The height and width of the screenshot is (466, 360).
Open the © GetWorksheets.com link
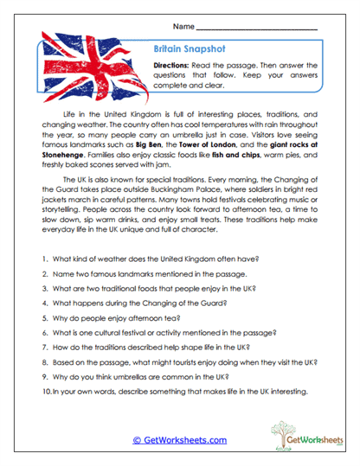pos(179,440)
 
